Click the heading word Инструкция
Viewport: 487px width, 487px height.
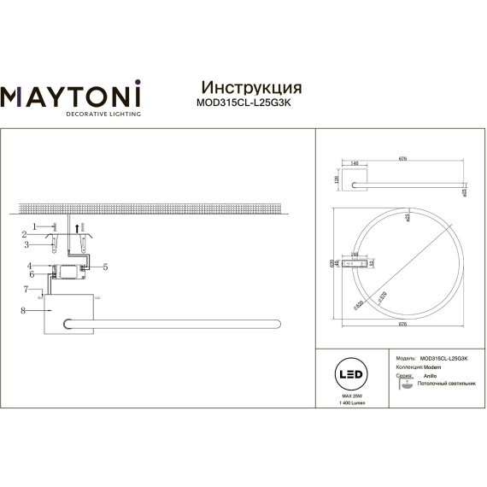click(x=249, y=88)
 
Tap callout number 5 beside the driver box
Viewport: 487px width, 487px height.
click(x=105, y=267)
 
